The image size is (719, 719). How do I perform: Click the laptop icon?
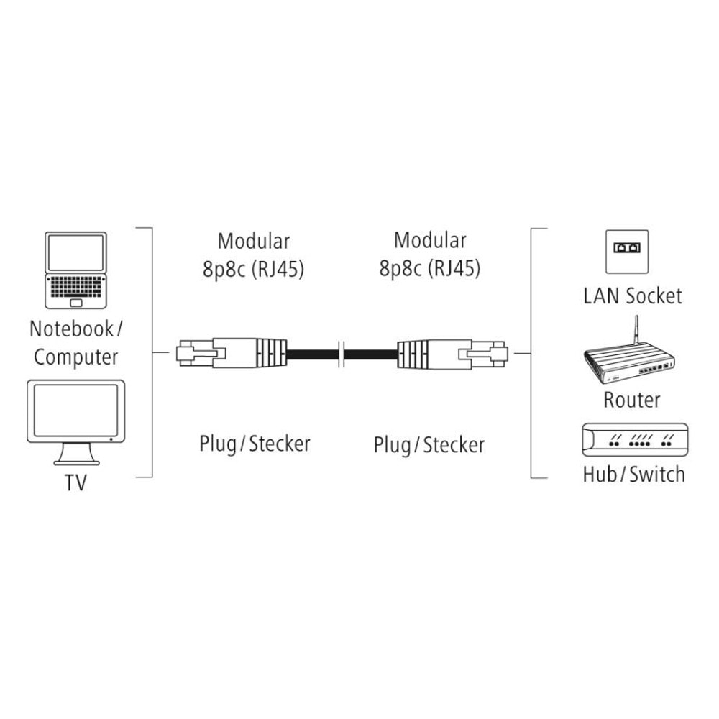point(75,270)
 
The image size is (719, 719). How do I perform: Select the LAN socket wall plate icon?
point(627,252)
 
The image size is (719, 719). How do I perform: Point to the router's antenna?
point(636,330)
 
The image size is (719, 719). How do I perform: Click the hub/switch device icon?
point(635,440)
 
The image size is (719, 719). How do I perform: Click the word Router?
point(632,400)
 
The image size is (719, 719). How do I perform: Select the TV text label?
point(75,482)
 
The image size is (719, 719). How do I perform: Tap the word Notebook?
point(71,329)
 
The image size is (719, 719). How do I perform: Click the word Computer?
point(75,357)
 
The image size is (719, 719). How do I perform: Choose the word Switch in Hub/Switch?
point(657,474)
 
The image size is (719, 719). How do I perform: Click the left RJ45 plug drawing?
point(232,353)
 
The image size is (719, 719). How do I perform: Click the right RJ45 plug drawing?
point(452,353)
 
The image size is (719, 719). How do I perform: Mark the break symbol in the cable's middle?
point(341,354)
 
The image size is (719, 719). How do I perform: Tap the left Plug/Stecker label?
point(255,444)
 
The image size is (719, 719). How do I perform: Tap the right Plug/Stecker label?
point(429,445)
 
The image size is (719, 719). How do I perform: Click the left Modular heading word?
point(254,241)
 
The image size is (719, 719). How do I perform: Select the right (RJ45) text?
point(454,268)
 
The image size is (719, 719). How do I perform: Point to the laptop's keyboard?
point(75,287)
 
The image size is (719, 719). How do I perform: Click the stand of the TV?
point(76,454)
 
